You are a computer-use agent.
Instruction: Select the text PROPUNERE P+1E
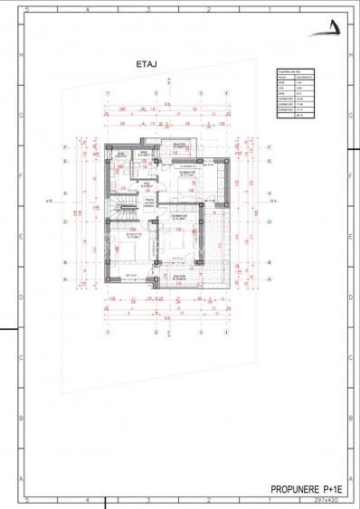click(x=308, y=489)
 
